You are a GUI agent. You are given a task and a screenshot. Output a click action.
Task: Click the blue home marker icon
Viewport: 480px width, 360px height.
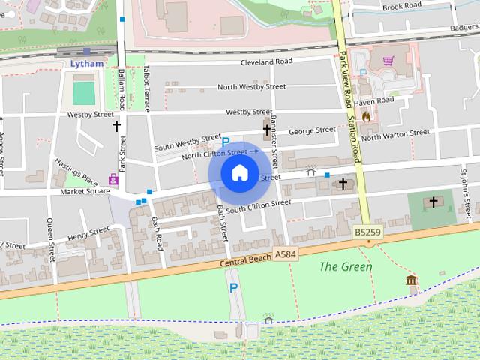pos(239,172)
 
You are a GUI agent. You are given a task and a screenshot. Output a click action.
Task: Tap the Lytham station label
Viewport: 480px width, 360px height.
pos(86,64)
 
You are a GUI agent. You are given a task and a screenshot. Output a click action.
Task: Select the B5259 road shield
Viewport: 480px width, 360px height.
pos(364,234)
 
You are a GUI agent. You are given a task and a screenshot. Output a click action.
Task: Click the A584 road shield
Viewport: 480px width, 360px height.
pos(285,254)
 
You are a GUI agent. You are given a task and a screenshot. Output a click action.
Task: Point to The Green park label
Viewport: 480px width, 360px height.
pos(346,266)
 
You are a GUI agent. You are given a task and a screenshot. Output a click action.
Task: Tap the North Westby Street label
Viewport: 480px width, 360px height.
pos(251,87)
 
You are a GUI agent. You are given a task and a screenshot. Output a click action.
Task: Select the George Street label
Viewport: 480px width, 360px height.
pos(312,130)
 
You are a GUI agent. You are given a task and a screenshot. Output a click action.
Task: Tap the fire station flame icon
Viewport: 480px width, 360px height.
pos(366,116)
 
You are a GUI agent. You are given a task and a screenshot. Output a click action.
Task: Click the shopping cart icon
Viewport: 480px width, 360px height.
pos(388,61)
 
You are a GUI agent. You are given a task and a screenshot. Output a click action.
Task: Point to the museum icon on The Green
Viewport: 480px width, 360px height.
pos(411,280)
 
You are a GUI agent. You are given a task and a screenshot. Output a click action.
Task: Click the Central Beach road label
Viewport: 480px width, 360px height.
pos(244,262)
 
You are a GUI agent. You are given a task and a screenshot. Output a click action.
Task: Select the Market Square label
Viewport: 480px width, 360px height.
pos(85,191)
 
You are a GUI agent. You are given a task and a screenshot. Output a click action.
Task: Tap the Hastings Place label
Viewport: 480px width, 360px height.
pos(77,172)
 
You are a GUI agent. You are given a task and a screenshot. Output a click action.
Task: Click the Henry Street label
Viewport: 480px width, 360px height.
pos(88,235)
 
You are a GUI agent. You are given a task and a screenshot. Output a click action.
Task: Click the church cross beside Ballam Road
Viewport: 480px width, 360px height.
pos(116,126)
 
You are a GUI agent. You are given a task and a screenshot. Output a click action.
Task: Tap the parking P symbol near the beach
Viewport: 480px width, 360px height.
pos(233,287)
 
